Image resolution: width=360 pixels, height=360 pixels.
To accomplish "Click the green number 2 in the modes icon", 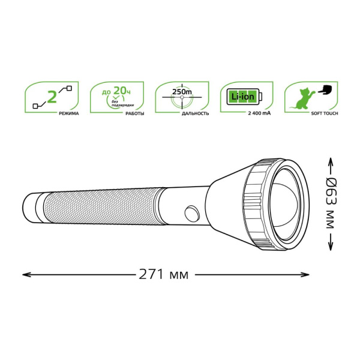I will [x=52, y=96].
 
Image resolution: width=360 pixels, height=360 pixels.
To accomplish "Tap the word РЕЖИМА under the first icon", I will [x=68, y=113].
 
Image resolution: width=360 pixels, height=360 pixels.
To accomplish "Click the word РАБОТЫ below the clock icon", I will [x=134, y=113].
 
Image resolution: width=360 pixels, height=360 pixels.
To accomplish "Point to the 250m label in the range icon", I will [x=179, y=92].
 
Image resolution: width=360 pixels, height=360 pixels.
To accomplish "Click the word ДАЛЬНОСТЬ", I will [x=196, y=113].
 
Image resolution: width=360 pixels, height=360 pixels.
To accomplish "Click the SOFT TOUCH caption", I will [x=324, y=113].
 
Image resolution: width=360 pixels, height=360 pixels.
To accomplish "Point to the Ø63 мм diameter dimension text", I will [x=331, y=204].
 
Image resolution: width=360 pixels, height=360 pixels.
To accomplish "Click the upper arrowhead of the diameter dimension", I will [x=331, y=161].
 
